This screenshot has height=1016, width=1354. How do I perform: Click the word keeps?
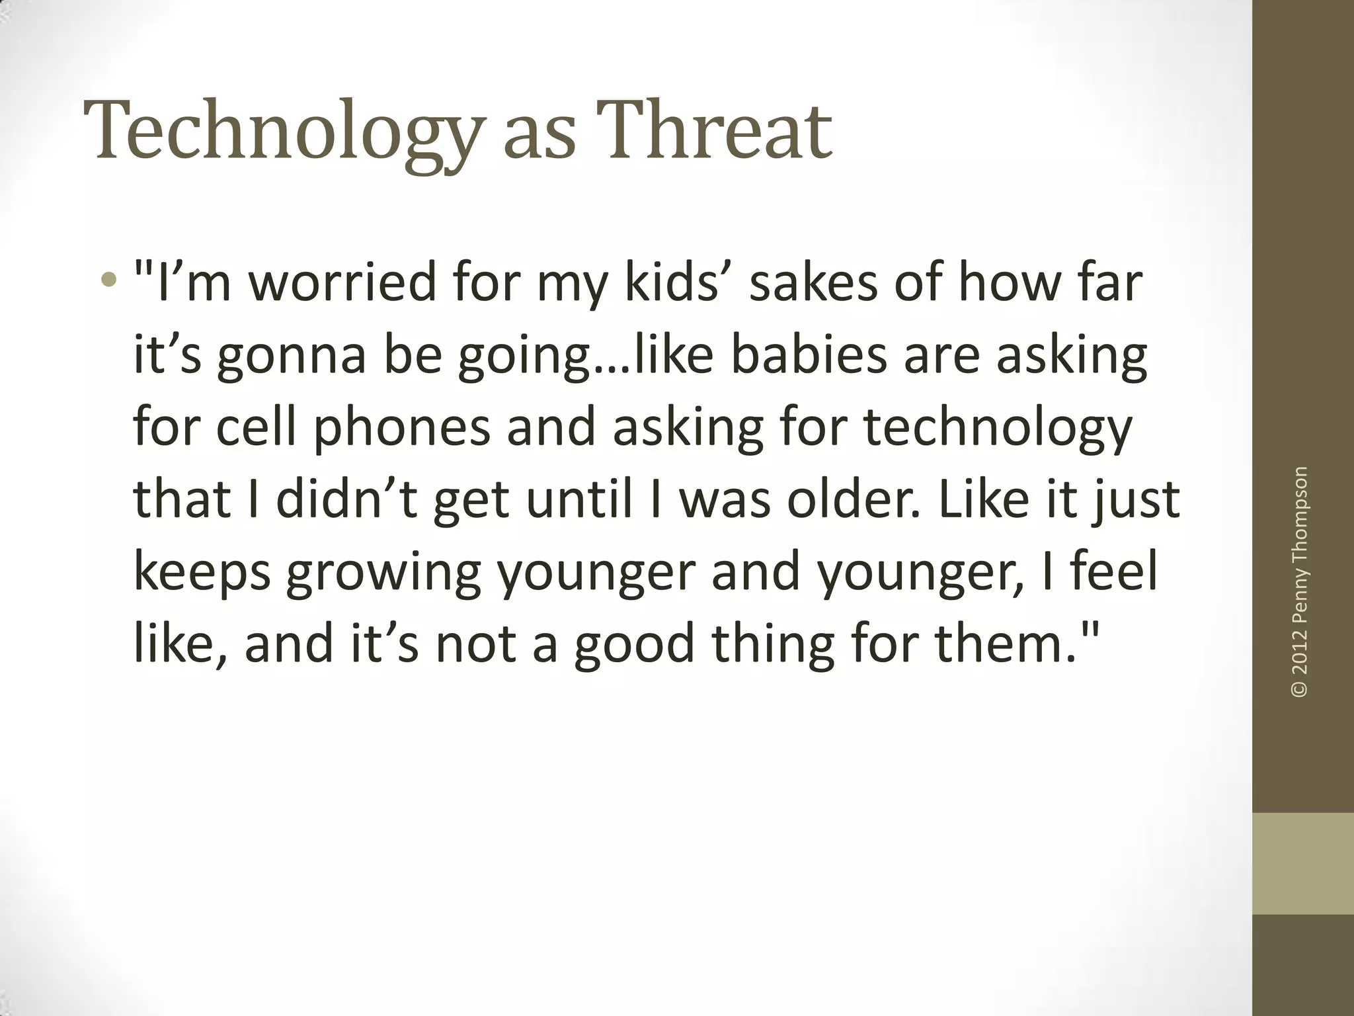[202, 573]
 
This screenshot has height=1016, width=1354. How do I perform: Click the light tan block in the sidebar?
[1303, 863]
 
